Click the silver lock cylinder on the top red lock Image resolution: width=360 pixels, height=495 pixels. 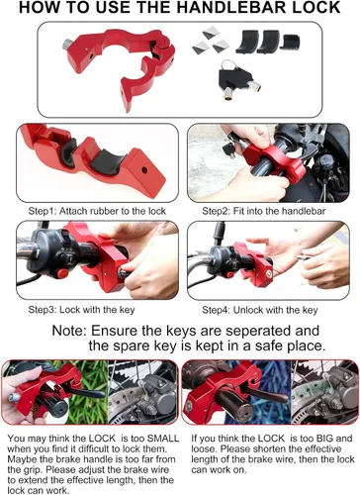[67, 45]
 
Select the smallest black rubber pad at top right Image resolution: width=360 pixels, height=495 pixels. [292, 43]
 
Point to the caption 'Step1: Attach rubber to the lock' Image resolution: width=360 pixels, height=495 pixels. [97, 211]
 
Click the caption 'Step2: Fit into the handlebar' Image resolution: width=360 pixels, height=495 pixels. [263, 211]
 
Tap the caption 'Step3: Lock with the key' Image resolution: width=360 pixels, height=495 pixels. [81, 310]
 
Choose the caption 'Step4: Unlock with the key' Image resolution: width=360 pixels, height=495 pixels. [260, 310]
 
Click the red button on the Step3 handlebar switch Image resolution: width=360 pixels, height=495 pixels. [62, 273]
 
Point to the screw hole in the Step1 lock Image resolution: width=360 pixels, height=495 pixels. [144, 170]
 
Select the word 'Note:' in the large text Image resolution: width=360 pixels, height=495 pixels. [69, 331]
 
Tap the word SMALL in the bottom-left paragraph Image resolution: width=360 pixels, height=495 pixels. [163, 439]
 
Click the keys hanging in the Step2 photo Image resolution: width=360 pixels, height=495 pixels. [229, 149]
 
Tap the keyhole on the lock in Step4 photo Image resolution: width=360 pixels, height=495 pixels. [269, 274]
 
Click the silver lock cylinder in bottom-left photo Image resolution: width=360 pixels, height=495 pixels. [14, 397]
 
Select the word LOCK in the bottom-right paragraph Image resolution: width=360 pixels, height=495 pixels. [271, 439]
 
